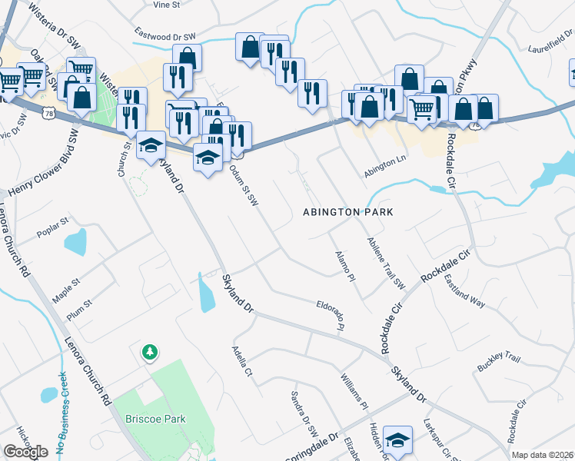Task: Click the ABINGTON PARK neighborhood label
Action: [x=348, y=211]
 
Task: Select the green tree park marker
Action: [x=149, y=353]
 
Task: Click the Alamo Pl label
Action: [x=344, y=264]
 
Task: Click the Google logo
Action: [x=25, y=452]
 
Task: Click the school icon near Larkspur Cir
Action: [x=397, y=440]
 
